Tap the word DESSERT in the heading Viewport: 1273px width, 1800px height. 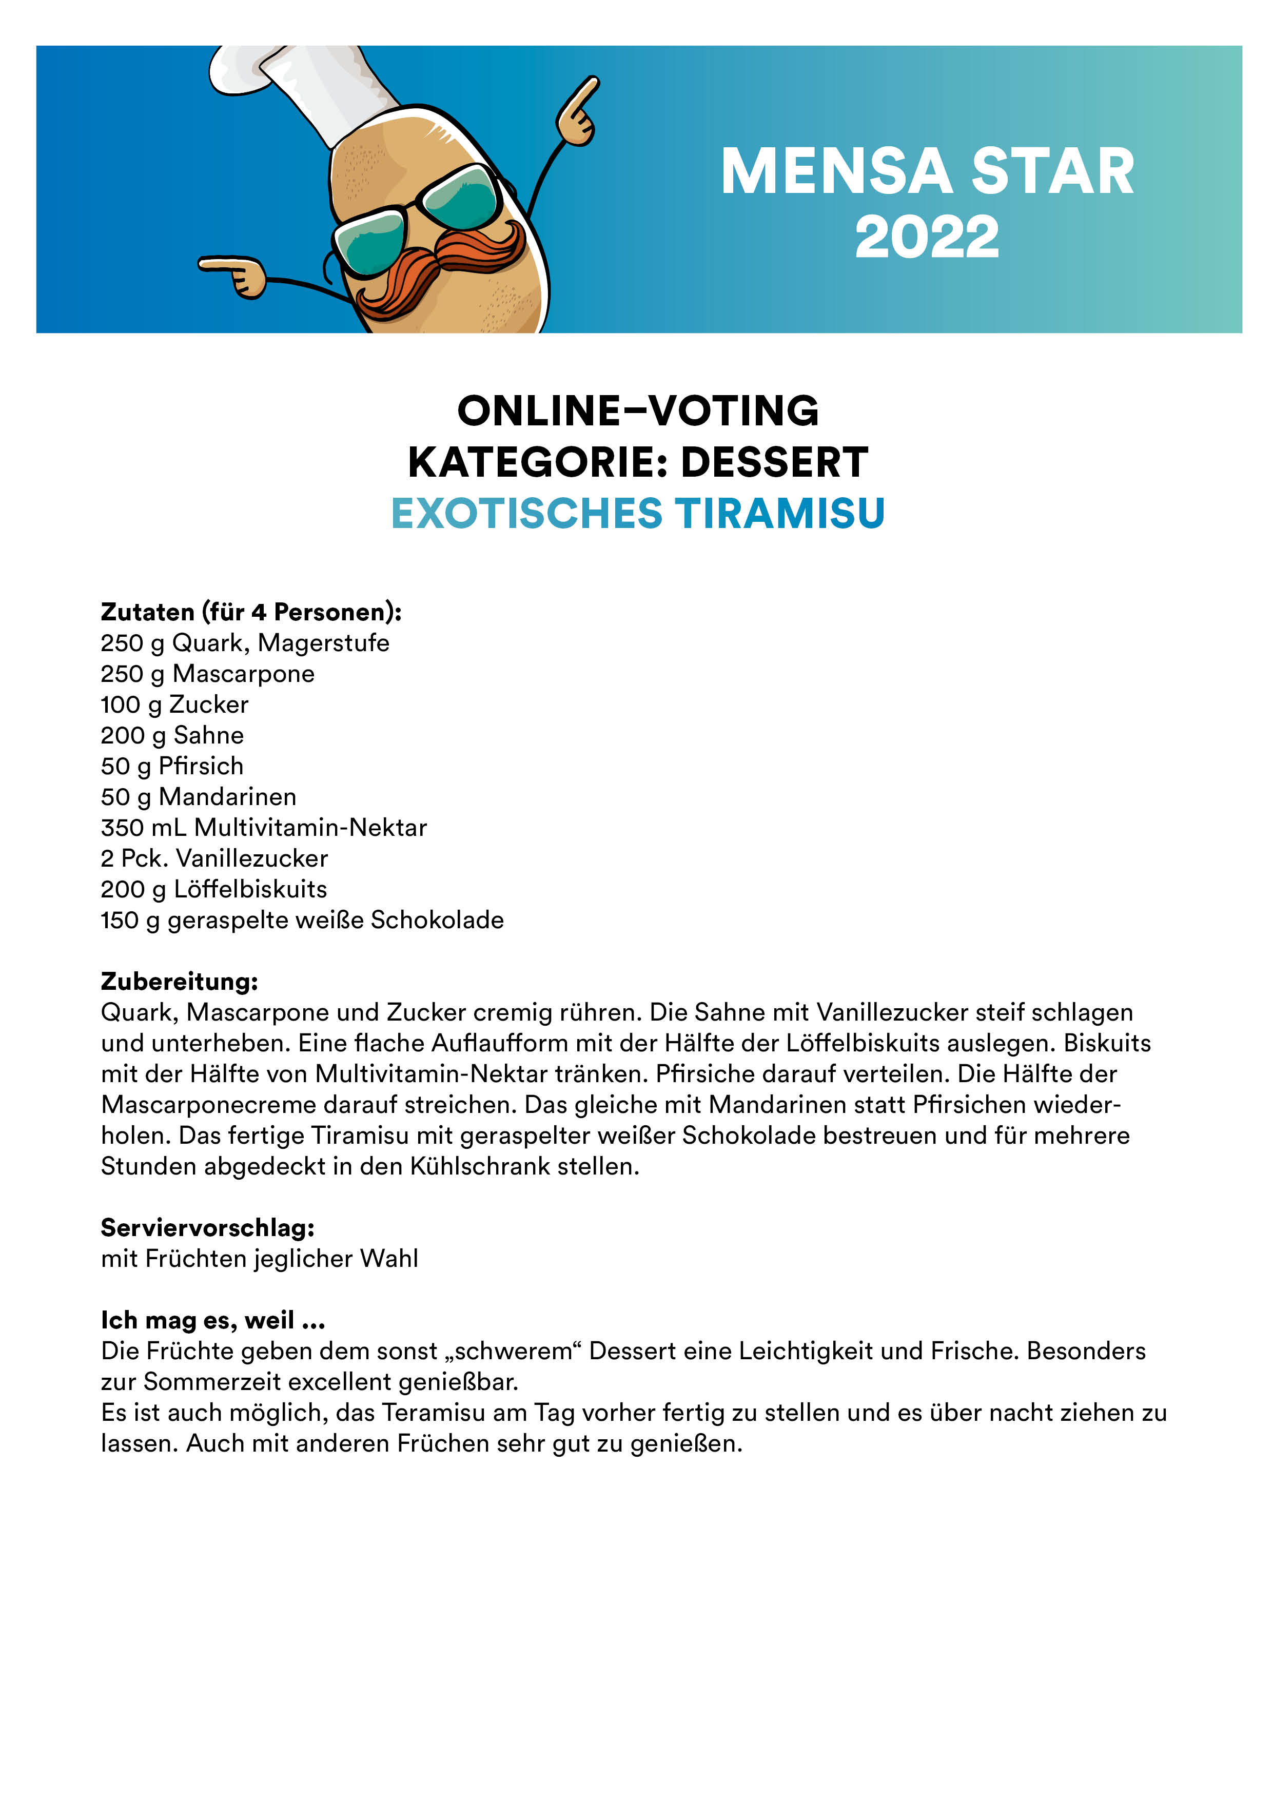click(x=774, y=462)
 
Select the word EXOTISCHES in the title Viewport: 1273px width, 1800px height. click(x=527, y=514)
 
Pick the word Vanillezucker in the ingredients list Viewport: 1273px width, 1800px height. click(x=251, y=858)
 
